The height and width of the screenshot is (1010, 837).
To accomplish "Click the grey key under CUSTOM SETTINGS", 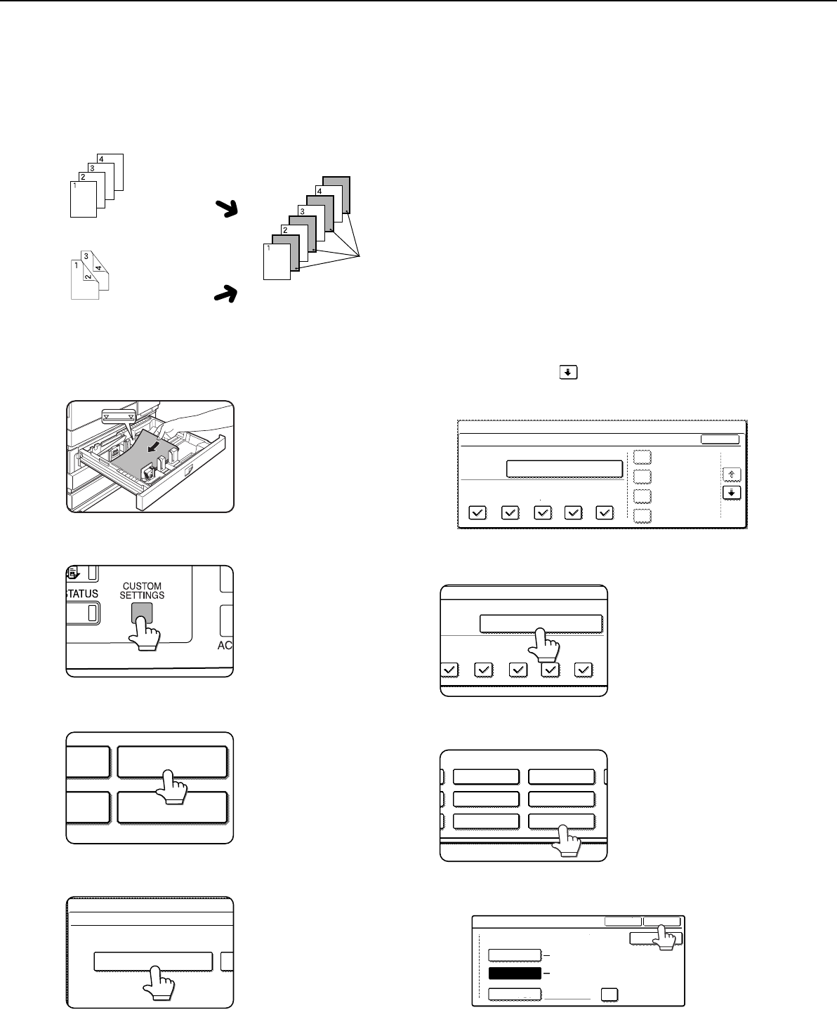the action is pos(142,612).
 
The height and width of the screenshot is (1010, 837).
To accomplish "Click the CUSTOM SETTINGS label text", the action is pos(143,590).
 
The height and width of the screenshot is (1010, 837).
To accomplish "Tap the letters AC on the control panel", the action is pos(225,645).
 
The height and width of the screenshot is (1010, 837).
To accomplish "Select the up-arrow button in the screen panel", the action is pos(732,474).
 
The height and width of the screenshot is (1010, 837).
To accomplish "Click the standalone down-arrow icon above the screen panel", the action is pos(568,372).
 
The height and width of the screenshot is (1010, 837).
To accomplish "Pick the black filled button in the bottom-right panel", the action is pos(515,974).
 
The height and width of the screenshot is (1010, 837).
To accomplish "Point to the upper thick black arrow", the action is pos(227,208).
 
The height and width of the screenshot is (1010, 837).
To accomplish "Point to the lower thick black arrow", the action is pos(226,294).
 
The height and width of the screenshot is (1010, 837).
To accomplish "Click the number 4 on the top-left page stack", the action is pos(100,159).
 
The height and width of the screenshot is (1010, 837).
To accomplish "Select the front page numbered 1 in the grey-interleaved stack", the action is pos(277,262).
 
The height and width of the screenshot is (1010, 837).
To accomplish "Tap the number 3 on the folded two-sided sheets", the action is pos(86,256).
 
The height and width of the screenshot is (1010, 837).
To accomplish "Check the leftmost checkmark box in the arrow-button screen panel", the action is pos(477,512).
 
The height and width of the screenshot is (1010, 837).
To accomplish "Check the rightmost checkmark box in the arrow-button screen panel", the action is pos(605,512).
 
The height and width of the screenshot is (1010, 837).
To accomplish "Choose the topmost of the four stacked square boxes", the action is pos(642,457).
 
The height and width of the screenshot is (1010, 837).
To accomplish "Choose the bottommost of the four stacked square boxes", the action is pos(642,516).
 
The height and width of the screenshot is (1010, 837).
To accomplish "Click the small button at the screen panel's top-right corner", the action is pos(720,439).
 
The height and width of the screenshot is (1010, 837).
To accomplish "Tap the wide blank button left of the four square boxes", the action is pos(565,469).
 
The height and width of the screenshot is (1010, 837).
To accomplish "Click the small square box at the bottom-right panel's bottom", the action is pos(609,995).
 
